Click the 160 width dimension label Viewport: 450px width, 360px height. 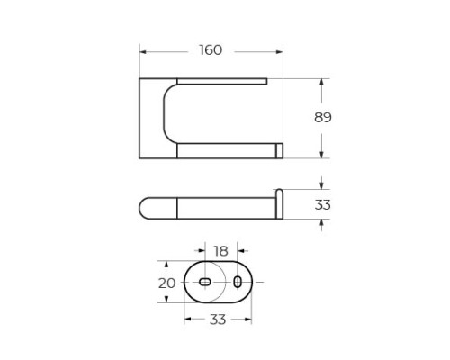click(210, 49)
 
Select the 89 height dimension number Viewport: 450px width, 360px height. click(323, 118)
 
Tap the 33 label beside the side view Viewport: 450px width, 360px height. click(323, 205)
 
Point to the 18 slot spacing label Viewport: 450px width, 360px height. click(220, 251)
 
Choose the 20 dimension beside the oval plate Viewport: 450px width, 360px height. click(166, 283)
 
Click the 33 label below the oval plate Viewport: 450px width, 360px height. click(218, 318)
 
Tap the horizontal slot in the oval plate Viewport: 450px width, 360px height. click(205, 283)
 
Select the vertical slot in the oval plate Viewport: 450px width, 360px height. click(238, 283)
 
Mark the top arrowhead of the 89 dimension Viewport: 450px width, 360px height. click(322, 81)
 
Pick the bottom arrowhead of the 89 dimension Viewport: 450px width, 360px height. click(322, 156)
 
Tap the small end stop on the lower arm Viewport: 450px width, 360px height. click(279, 150)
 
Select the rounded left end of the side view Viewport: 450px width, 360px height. click(146, 208)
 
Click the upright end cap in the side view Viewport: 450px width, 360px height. click(279, 203)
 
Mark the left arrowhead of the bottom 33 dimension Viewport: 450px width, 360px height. click(187, 318)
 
